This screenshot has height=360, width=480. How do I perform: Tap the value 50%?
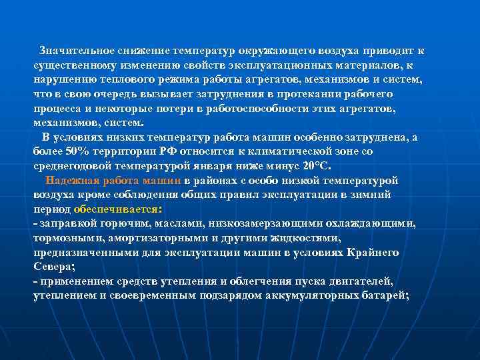[x=74, y=152]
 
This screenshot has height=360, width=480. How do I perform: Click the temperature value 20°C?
[x=315, y=166]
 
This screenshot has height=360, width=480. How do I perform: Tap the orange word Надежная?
[x=69, y=181]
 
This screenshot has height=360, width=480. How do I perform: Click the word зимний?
[x=374, y=195]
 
